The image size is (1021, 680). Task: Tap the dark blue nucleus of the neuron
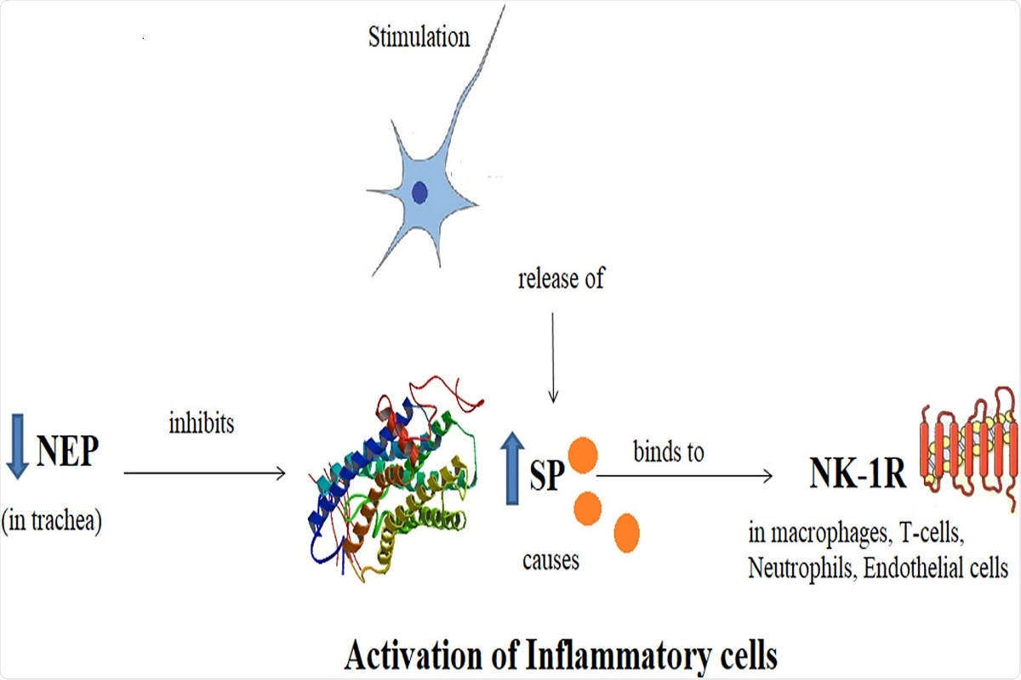[x=419, y=194]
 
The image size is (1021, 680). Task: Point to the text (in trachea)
[x=53, y=521]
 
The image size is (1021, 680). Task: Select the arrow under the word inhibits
[x=204, y=473]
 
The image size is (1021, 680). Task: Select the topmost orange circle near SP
[x=581, y=456]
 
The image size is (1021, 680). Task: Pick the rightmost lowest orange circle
[x=626, y=531]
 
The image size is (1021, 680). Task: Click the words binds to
[x=669, y=451]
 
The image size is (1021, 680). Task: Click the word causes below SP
[x=550, y=561]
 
